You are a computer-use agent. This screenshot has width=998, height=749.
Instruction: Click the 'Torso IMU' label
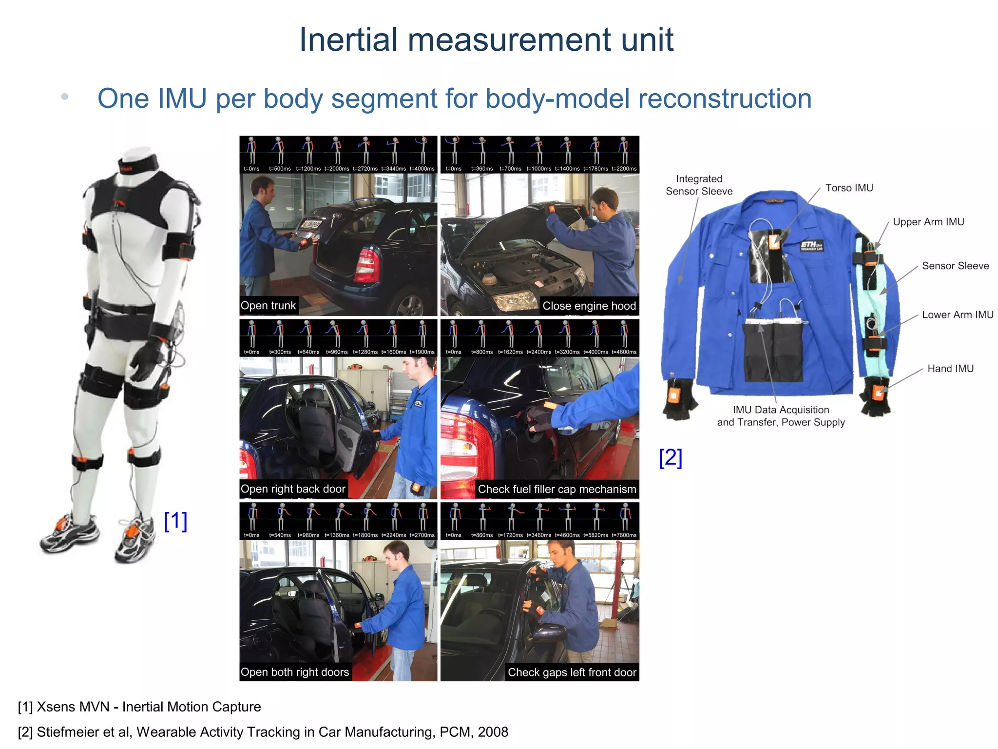[849, 188]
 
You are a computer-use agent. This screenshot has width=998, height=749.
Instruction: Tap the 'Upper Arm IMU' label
[928, 222]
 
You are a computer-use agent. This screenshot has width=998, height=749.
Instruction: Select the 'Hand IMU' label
[950, 369]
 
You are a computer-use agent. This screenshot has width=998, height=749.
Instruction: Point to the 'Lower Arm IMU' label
[958, 315]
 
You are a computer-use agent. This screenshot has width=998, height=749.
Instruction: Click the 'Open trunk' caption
[268, 306]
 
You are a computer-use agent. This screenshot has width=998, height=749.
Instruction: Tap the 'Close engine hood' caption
[589, 306]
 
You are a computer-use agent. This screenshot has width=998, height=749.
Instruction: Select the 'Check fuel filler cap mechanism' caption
[557, 489]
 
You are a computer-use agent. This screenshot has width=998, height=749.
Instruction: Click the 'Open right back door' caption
[293, 489]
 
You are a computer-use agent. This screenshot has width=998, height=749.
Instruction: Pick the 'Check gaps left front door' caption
[572, 672]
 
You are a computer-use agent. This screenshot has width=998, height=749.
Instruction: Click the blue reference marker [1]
[175, 521]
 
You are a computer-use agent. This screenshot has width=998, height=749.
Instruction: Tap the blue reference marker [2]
[671, 458]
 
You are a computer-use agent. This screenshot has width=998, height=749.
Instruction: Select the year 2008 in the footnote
[493, 732]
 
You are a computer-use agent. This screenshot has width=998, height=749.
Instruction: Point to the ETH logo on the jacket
[811, 246]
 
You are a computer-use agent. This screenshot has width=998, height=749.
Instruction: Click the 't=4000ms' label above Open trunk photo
[422, 169]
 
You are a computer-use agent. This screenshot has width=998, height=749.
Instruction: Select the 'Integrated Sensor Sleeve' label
[699, 185]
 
